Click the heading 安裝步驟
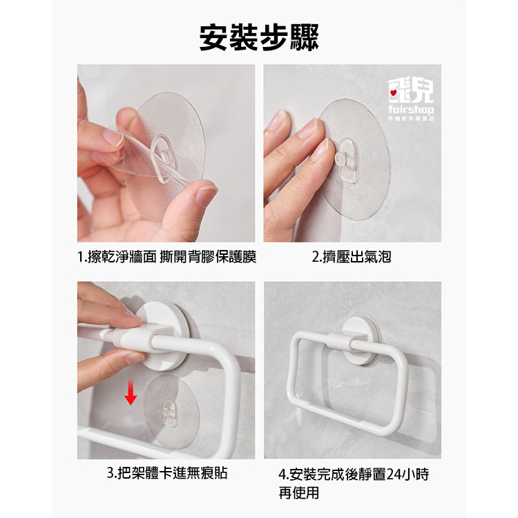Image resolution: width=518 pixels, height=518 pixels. pyautogui.click(x=259, y=37)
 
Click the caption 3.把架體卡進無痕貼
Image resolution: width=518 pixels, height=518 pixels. pyautogui.click(x=166, y=473)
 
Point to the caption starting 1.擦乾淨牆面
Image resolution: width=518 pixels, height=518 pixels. pyautogui.click(x=166, y=258)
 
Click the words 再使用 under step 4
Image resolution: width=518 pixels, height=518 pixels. pyautogui.click(x=298, y=492)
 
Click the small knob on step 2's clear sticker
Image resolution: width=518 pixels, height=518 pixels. pyautogui.click(x=340, y=160)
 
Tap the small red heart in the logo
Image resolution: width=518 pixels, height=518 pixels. pyautogui.click(x=393, y=91)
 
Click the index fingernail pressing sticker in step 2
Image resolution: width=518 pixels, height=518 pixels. pyautogui.click(x=308, y=128)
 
